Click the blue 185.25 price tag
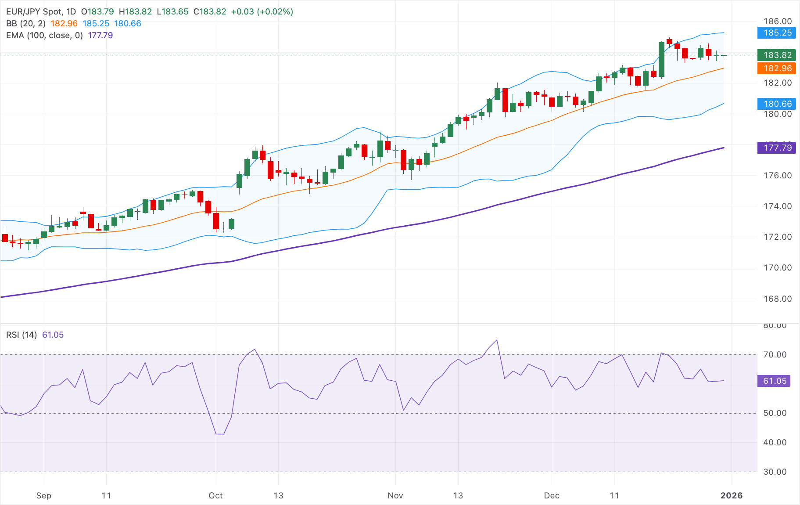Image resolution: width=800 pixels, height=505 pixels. (777, 32)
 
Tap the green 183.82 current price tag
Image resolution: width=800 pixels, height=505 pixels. (777, 55)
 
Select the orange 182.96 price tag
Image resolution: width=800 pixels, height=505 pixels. (777, 68)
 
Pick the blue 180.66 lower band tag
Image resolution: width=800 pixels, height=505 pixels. (777, 104)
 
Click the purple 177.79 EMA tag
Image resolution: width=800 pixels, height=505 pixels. (777, 148)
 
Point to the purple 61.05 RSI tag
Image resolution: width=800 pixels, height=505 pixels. (774, 381)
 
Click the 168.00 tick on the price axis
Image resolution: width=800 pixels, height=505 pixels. (777, 299)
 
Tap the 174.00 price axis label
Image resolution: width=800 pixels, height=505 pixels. (777, 206)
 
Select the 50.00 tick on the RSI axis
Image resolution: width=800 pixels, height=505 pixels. (775, 413)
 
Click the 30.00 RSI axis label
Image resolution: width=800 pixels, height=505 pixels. (775, 472)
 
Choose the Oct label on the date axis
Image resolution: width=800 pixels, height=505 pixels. (215, 495)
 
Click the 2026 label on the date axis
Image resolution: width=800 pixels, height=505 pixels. (732, 495)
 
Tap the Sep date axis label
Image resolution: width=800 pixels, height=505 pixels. (43, 495)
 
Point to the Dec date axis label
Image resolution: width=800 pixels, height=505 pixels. (551, 495)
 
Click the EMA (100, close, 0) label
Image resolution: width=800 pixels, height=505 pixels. (44, 35)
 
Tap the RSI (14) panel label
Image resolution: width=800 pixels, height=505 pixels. (22, 335)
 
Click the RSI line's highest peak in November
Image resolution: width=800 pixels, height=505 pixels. (497, 340)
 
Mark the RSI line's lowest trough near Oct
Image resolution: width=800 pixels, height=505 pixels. (219, 434)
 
